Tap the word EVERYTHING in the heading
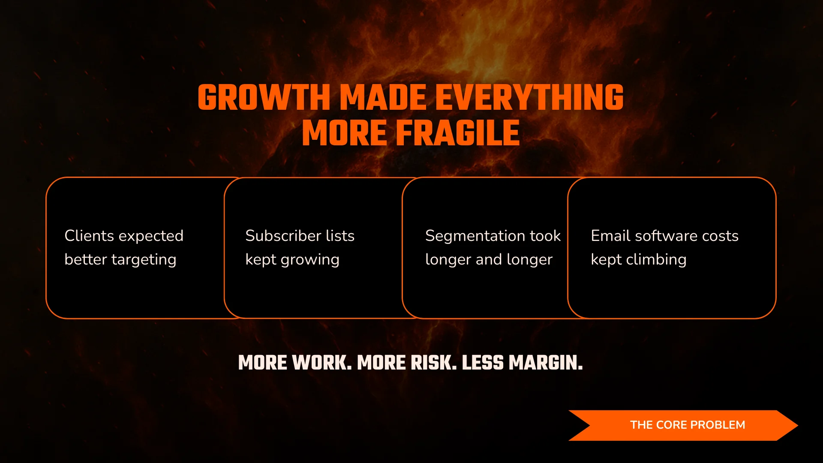pyautogui.click(x=529, y=98)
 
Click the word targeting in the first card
pyautogui.click(x=144, y=260)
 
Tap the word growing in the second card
pyautogui.click(x=310, y=260)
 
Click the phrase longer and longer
pyautogui.click(x=489, y=260)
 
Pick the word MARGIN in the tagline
pyautogui.click(x=545, y=363)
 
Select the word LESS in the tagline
pyautogui.click(x=483, y=363)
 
